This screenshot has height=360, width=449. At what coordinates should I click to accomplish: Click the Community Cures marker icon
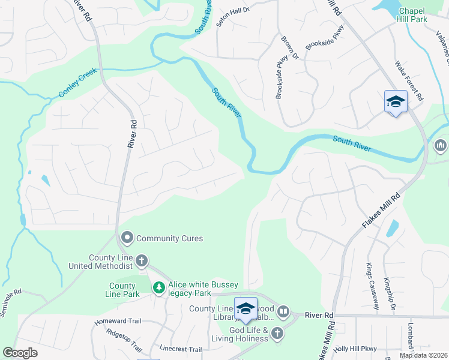[x=127, y=238]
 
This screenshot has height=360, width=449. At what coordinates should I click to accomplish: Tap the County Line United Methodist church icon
[x=142, y=261]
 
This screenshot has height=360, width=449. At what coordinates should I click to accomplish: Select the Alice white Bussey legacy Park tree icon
[x=158, y=289]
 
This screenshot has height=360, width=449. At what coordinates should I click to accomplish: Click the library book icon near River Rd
[x=283, y=312]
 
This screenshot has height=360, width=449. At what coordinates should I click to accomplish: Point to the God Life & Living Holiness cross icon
[x=277, y=334]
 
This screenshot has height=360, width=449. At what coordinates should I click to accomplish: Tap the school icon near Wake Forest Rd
[x=396, y=102]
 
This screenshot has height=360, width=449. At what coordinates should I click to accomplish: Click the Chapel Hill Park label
[x=411, y=15]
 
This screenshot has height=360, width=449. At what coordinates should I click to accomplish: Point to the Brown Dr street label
[x=289, y=47]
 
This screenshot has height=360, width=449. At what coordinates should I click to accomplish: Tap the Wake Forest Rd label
[x=409, y=80]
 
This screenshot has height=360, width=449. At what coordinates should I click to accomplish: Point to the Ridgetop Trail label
[x=124, y=339]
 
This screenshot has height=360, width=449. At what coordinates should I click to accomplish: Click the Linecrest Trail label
[x=181, y=349]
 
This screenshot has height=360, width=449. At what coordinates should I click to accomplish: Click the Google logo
[x=20, y=353]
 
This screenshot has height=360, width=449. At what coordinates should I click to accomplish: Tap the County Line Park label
[x=123, y=290]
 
